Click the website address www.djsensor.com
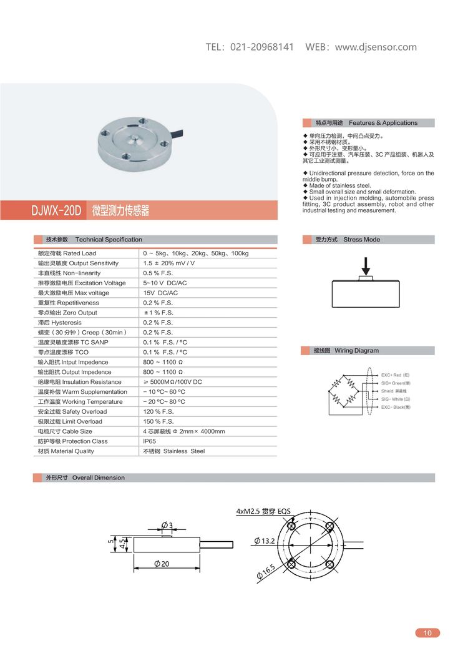(376, 47)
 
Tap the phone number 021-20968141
(262, 47)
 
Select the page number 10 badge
(427, 633)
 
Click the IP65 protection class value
(150, 441)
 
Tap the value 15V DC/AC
(160, 293)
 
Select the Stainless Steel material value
(174, 451)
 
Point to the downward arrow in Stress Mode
(367, 265)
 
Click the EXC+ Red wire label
(396, 375)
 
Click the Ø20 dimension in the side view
(162, 564)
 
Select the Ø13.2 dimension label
(265, 541)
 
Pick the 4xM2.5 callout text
(263, 511)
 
